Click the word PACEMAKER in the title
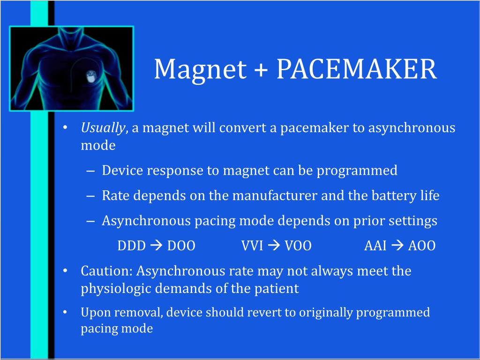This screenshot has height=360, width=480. coord(356,69)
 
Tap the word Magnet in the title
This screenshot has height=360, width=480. coord(200,69)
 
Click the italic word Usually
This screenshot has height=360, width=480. coord(103,128)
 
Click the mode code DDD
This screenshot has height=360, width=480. coord(132,246)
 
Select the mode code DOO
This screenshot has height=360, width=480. coord(181,246)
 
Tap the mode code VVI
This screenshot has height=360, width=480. coord(252,246)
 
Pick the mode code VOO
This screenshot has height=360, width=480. coord(298,246)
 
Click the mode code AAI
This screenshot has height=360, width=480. coord(375,246)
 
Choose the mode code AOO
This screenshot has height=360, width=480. coord(422,246)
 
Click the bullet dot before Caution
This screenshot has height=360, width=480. coord(66,271)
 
